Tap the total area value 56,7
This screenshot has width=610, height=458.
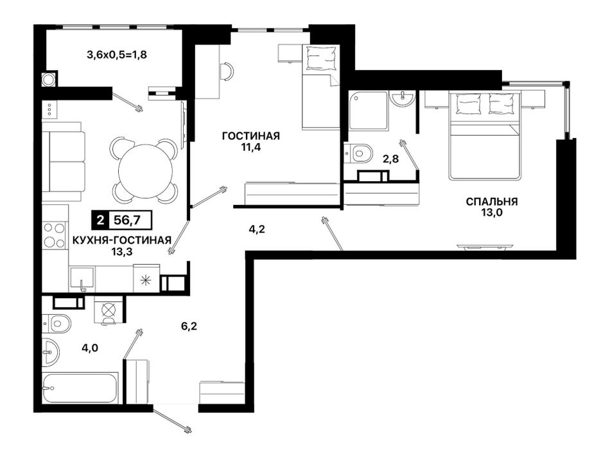coord(127,220)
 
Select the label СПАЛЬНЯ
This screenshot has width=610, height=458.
coord(492,202)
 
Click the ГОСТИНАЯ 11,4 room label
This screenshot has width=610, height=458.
coord(250,141)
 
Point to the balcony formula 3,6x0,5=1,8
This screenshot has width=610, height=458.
coord(117,55)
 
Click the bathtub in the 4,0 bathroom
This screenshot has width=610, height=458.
coord(80,389)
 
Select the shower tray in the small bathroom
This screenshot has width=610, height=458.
coord(369,110)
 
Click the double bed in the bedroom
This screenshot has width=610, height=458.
coord(485,136)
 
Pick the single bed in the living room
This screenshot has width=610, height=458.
coord(321,87)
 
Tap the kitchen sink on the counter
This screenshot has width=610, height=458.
coord(82,279)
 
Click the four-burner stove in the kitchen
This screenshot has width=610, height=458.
coord(54,234)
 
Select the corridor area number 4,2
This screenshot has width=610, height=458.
coord(257,229)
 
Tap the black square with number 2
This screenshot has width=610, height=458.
coord(101,220)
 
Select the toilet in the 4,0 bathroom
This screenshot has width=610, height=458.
coord(57,323)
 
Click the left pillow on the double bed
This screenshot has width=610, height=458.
coord(466,103)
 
